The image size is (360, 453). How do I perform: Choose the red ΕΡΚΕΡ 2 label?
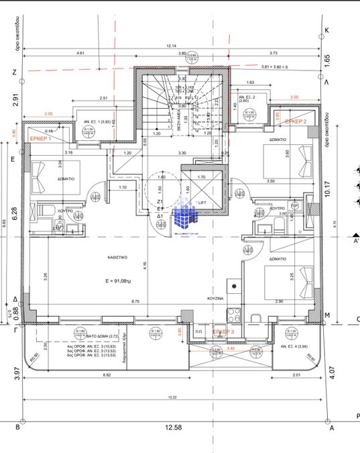296,121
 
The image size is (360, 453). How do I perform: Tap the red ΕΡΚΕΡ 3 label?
223,332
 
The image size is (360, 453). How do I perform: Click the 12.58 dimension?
174,427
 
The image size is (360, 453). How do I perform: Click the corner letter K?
327,31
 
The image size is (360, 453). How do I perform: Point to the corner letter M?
327,314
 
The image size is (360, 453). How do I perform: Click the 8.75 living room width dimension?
135,301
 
